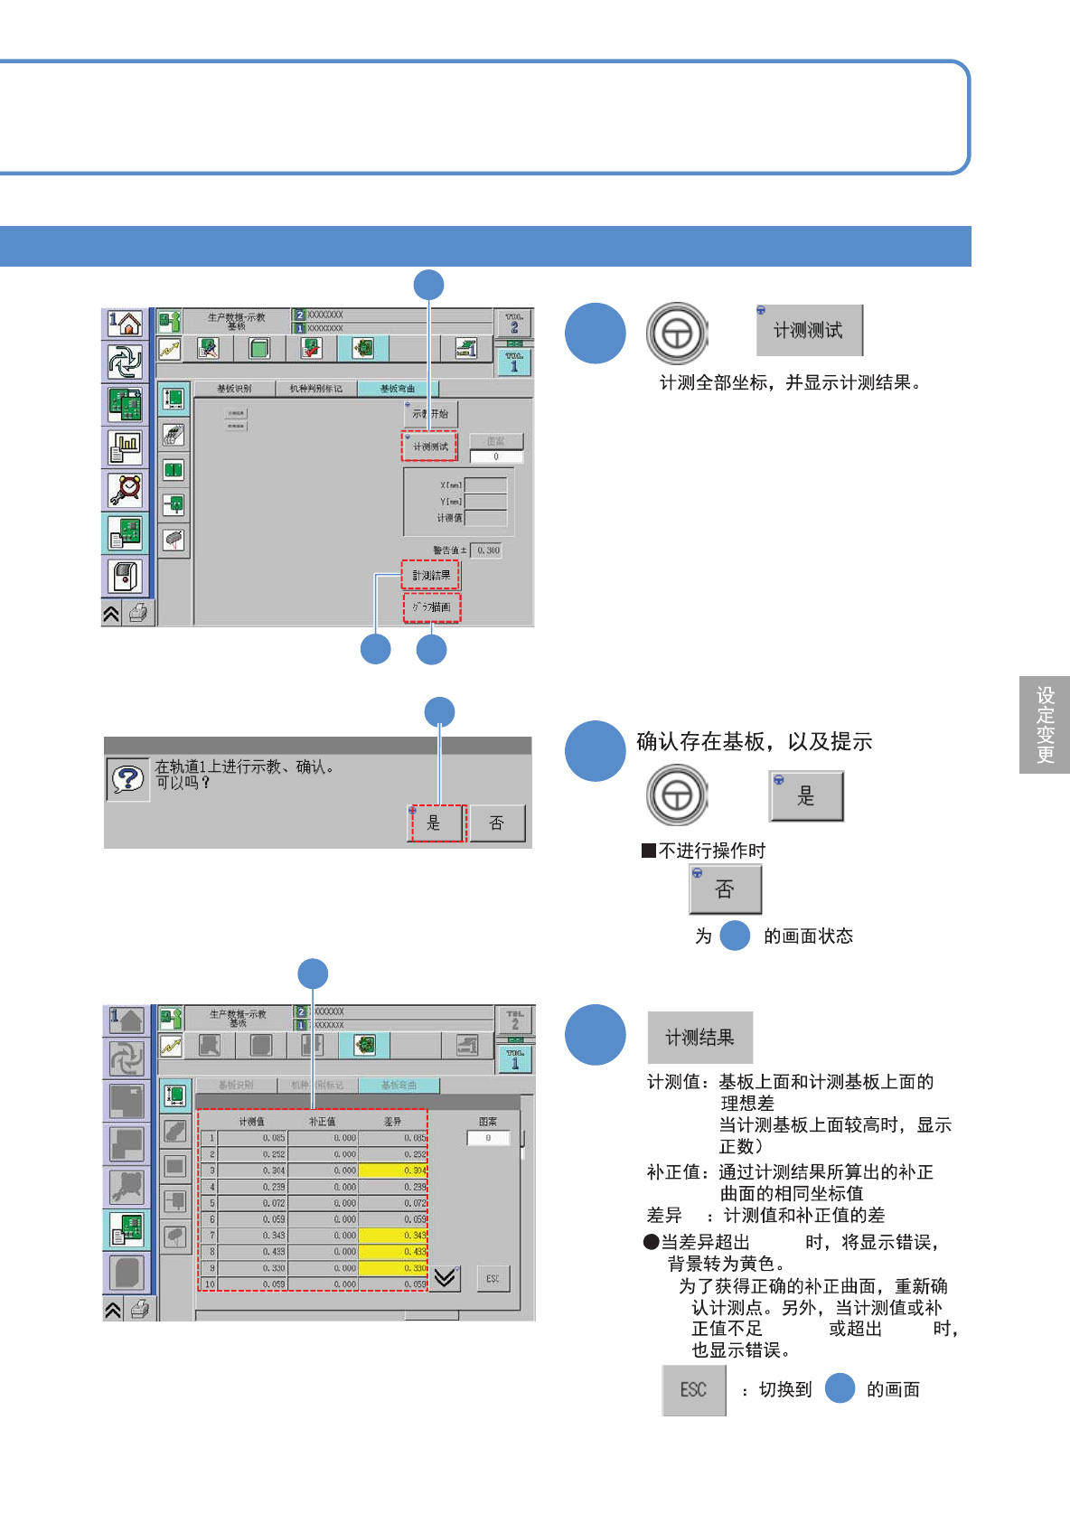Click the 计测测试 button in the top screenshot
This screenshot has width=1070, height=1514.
430,447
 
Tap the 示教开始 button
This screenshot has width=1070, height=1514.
431,414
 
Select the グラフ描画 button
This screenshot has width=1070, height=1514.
432,607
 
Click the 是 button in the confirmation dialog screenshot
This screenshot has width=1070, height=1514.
436,823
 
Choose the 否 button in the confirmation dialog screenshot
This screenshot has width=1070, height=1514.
496,823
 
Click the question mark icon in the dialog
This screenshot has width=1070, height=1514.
128,778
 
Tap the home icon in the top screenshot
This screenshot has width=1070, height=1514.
126,324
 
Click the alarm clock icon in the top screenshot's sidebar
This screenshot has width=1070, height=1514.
126,489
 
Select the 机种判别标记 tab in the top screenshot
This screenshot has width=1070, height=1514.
316,389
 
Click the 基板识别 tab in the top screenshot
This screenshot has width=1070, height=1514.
234,389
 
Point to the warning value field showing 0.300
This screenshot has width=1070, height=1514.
488,550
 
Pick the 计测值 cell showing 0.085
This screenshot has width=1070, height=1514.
252,1138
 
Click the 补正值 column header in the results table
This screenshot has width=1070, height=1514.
322,1122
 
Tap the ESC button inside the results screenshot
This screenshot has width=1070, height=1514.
493,1278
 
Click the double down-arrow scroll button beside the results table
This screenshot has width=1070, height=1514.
445,1277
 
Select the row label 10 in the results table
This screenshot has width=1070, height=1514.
209,1284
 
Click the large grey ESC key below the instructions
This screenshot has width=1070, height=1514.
693,1389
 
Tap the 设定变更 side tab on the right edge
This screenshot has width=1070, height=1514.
1045,725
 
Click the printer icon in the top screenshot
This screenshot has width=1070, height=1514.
138,614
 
